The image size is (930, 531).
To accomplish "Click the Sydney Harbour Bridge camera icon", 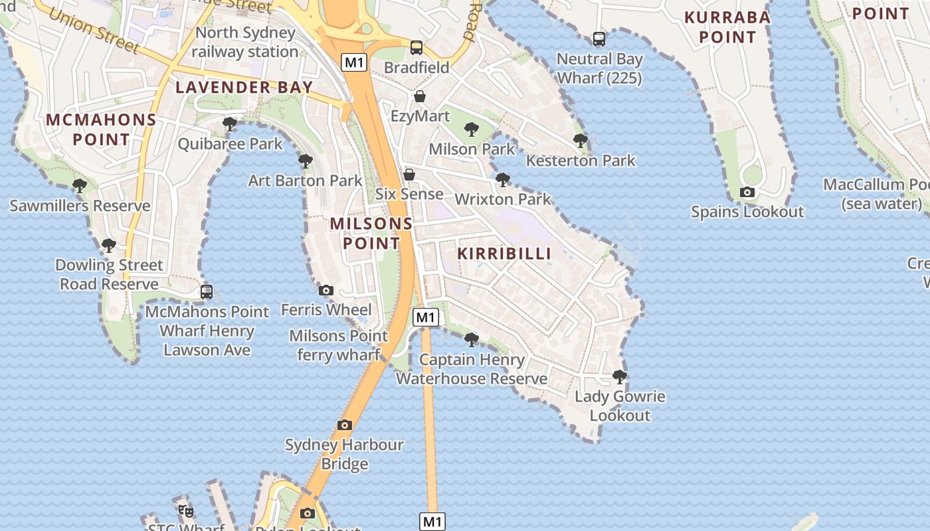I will [x=344, y=425].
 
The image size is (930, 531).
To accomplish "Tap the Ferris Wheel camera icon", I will [x=325, y=290].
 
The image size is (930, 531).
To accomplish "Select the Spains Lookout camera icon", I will [x=747, y=192].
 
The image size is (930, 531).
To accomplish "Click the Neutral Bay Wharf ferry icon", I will [x=599, y=39].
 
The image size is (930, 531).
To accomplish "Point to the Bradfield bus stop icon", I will [x=417, y=48].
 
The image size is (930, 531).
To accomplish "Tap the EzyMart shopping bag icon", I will [x=420, y=97].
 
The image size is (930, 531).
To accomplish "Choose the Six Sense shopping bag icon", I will [x=409, y=175].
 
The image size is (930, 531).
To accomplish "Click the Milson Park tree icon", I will [x=472, y=129].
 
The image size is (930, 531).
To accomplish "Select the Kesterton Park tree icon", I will [x=581, y=141].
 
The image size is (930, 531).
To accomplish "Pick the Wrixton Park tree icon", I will [x=503, y=179].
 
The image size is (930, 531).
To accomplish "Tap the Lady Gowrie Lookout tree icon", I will [x=620, y=377].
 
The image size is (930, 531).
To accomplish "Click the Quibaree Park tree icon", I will [x=230, y=124].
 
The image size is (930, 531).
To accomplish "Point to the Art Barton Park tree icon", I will [x=306, y=161].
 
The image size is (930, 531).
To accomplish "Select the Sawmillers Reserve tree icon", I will [x=80, y=186].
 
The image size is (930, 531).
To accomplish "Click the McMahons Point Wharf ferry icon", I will [x=207, y=292].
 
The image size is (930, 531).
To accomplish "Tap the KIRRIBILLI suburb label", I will [x=504, y=254].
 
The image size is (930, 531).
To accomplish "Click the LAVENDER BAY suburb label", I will [x=244, y=87].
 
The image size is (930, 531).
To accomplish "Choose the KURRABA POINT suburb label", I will [x=727, y=27].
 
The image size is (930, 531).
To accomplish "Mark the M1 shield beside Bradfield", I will [x=355, y=62].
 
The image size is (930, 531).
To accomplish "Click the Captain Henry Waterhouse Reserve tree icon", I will [x=472, y=340].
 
